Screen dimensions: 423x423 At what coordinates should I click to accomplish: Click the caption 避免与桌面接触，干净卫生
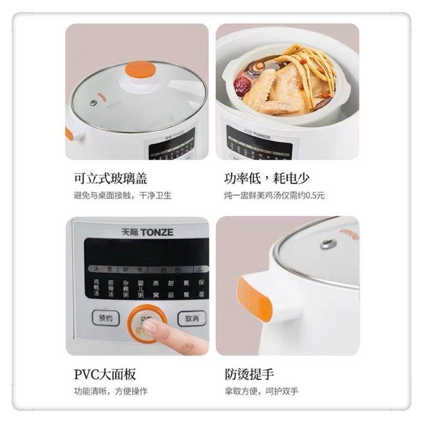point(122,196)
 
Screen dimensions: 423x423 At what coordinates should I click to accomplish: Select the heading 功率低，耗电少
point(266,178)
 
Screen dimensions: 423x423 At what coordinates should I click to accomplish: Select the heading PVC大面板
point(105,374)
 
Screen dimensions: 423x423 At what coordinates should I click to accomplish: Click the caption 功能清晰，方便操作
point(111,392)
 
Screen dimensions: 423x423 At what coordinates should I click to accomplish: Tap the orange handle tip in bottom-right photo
point(262,300)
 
